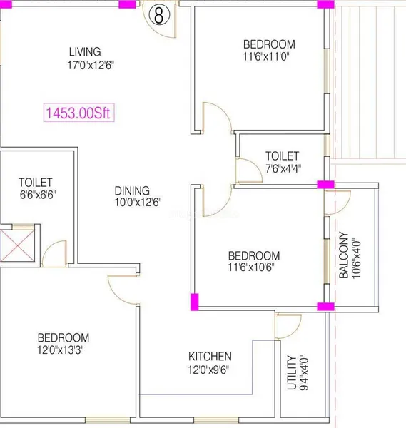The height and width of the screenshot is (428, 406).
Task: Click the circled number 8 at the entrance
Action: tap(159, 15)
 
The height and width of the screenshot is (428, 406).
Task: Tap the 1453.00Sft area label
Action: tap(78, 113)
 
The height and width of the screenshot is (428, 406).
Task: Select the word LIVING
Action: tap(85, 51)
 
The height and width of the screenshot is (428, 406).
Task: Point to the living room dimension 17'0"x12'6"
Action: tap(91, 65)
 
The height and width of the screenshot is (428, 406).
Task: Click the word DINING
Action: tap(132, 190)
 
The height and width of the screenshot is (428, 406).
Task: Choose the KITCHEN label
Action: tap(210, 356)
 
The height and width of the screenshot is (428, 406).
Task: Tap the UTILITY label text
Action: tap(292, 372)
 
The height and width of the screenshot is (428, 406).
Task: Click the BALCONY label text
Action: tap(343, 255)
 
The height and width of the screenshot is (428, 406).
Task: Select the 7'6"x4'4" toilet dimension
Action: tap(283, 168)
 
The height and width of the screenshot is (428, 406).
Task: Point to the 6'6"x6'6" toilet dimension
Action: tap(38, 195)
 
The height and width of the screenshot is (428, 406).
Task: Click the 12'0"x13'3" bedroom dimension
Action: tap(61, 350)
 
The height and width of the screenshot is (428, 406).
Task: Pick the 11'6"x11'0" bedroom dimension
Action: tap(266, 56)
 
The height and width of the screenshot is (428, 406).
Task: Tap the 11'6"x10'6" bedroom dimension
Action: tap(251, 267)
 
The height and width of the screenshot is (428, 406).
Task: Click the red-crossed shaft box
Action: tap(17, 245)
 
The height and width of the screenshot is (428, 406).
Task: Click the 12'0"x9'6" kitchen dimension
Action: tap(208, 370)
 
